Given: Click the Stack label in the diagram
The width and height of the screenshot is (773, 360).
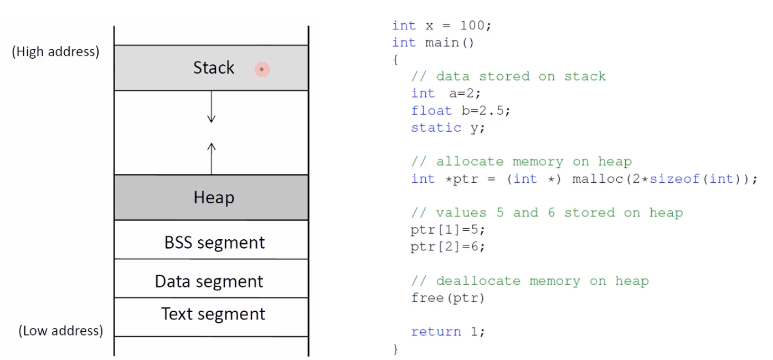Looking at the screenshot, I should (x=214, y=68).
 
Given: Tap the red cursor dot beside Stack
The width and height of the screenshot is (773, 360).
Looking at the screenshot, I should (x=262, y=70).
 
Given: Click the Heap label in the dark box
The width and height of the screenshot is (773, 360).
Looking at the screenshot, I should (x=214, y=198).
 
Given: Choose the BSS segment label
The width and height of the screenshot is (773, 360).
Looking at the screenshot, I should (x=214, y=243).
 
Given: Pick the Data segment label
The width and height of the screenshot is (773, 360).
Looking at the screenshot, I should (x=209, y=281).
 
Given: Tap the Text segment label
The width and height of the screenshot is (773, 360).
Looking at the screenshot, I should (x=213, y=314).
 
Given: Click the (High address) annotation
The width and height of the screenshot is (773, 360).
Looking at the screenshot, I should (x=55, y=52).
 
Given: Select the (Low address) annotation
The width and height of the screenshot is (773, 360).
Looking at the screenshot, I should (x=61, y=331).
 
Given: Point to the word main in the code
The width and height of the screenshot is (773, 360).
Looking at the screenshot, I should (x=441, y=43).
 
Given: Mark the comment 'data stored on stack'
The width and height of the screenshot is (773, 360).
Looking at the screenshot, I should (x=508, y=76).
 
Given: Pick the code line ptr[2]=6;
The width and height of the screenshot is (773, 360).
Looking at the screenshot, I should (x=447, y=247).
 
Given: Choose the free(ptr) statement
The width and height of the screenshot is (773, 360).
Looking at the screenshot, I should (x=447, y=298).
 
